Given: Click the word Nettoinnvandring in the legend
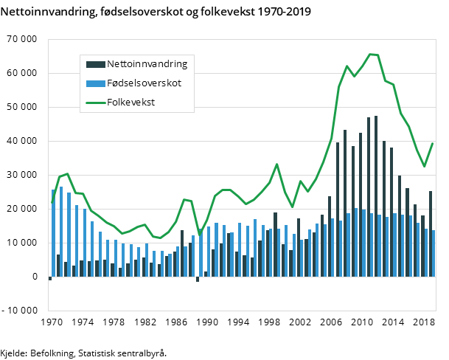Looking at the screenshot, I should [146, 63].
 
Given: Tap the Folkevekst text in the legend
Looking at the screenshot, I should [130, 103].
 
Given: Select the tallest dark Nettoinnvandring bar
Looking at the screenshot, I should [376, 195].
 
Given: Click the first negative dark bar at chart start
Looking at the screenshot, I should [50, 278].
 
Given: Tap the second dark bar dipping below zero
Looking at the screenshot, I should [198, 279].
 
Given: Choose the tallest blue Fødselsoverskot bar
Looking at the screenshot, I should [61, 232].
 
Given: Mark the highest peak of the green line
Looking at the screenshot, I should [370, 54].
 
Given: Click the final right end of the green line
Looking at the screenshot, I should [432, 144].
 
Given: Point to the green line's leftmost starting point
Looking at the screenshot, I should [52, 201].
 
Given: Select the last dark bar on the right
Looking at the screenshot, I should [431, 233].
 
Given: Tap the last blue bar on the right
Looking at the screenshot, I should [434, 253].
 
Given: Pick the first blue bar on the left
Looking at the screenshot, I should [53, 233].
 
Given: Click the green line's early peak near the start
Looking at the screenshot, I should [67, 174].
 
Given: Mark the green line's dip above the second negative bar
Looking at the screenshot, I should [199, 235].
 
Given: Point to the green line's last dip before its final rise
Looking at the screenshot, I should [424, 166].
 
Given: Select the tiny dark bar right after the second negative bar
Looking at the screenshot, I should [206, 274].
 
